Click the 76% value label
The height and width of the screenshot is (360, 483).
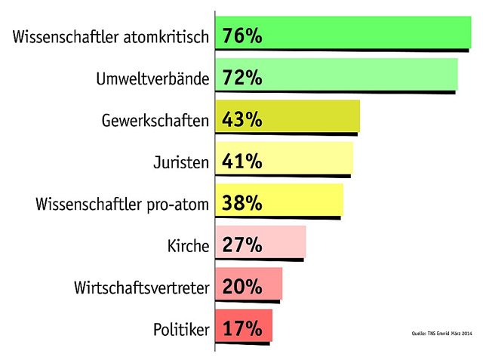coord(242,35)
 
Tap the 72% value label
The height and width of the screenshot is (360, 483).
coord(242,78)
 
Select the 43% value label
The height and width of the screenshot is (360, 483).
coord(242,119)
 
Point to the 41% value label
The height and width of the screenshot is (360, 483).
coord(242,161)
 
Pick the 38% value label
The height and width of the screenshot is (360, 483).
coord(242,203)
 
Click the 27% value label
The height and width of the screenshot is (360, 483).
coord(242,245)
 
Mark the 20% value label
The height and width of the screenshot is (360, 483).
coord(242,287)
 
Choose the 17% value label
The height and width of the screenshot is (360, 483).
coord(242,328)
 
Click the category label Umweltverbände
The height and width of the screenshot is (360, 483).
coord(152,78)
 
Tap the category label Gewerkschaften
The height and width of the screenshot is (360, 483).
coord(154,120)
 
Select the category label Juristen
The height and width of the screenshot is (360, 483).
coord(181,162)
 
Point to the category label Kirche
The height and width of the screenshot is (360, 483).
coord(187,245)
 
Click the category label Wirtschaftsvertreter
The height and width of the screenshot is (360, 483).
coord(141,288)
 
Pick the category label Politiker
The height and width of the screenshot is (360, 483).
coord(180,329)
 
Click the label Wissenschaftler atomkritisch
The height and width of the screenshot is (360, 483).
coord(110,37)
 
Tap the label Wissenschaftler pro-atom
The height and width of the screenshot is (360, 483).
coord(122,204)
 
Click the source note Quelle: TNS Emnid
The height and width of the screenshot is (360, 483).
coord(441,332)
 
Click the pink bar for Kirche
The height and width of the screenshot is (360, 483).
coord(283,243)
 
